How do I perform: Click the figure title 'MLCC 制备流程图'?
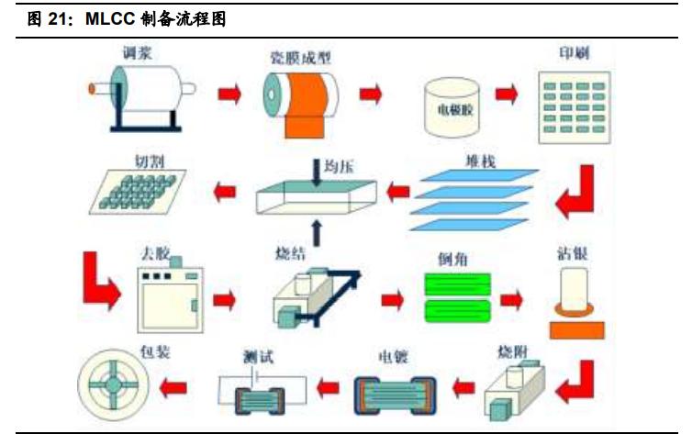143,18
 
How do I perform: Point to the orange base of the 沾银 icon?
574,328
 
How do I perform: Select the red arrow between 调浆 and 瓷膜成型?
229,94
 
